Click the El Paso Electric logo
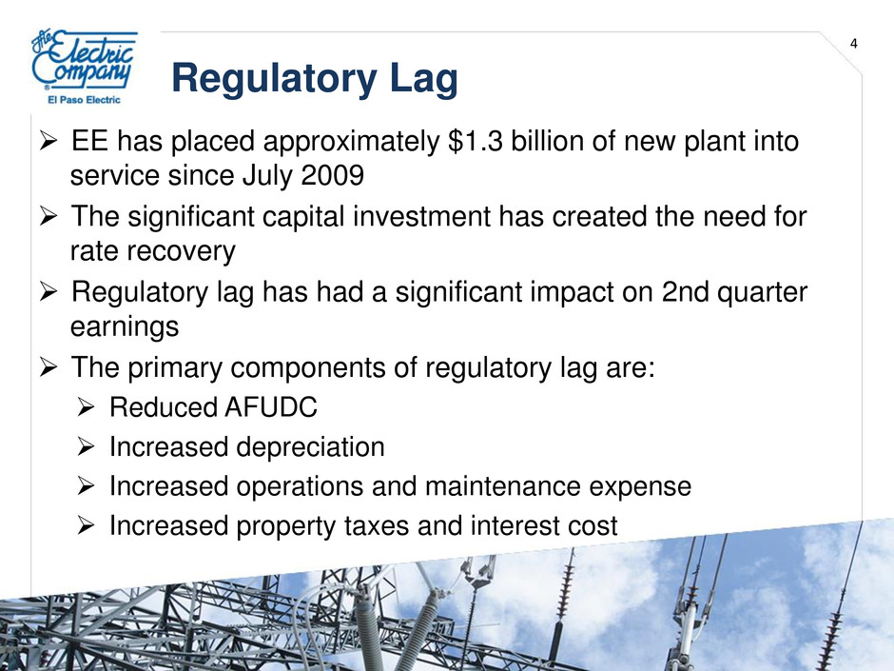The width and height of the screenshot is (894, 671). point(85,68)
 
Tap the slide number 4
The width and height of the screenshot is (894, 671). point(853,44)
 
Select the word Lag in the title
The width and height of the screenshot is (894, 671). point(424,79)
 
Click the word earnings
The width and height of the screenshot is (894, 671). point(125,327)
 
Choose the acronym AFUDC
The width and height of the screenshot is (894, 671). point(270,407)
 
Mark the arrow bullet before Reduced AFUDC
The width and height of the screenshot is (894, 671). point(85,407)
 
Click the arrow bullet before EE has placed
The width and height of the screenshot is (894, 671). point(49,142)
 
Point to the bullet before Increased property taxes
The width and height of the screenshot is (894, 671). point(85,525)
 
